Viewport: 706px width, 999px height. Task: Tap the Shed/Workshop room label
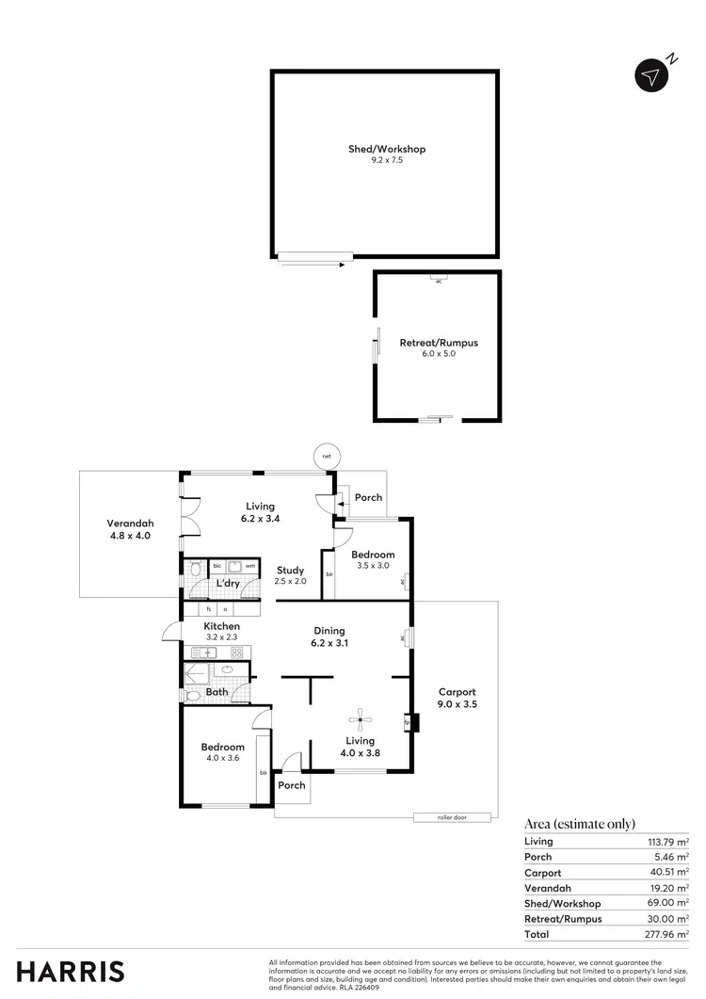(386, 149)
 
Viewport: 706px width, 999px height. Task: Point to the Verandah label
(129, 524)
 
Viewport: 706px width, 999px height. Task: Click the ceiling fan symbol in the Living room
(359, 721)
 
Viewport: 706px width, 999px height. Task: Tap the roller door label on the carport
(452, 817)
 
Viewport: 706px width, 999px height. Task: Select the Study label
(290, 570)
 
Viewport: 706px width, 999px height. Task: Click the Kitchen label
(222, 626)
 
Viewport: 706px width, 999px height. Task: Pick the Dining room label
(329, 631)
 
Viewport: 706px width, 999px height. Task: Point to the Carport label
(457, 691)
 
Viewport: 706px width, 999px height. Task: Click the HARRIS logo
(71, 972)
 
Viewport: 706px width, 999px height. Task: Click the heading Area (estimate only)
(579, 824)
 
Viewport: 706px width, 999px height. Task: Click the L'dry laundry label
(228, 584)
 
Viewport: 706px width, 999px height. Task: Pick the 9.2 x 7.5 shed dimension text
(386, 161)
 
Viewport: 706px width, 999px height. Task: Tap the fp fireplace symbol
(408, 724)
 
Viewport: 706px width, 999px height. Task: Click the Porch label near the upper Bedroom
(368, 497)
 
